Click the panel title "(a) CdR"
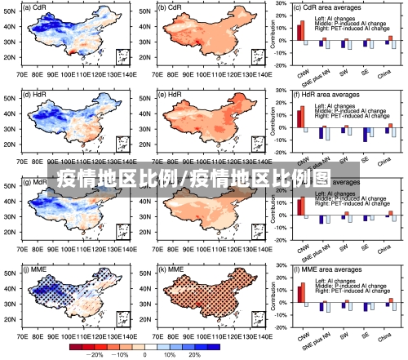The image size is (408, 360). coord(36,7)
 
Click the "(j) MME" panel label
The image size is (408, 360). coord(36,269)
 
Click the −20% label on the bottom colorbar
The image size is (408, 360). coord(95,355)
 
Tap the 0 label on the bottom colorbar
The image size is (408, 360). coord(144,355)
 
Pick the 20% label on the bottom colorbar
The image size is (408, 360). coord(193,355)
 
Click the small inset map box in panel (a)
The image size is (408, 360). coord(122,56)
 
